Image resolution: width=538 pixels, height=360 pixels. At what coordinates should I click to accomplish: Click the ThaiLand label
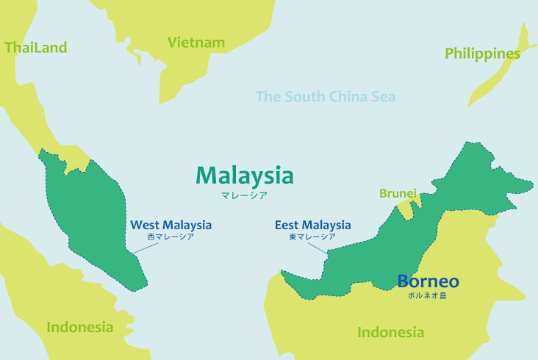click(x=35, y=48)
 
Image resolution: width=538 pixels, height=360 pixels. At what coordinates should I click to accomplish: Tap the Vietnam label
click(x=196, y=43)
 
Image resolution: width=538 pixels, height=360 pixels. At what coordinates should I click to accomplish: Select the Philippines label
click(x=482, y=54)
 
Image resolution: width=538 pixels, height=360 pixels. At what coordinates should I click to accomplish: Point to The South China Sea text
click(x=325, y=96)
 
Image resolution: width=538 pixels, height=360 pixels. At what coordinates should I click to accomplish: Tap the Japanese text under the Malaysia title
click(x=244, y=195)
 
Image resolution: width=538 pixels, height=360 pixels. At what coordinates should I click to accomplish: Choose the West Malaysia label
click(x=171, y=225)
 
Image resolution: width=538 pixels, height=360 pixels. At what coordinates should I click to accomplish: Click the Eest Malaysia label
click(x=312, y=225)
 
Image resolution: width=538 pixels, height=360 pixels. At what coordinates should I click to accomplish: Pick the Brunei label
click(x=398, y=193)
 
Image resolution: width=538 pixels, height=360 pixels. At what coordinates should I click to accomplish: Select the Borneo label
click(x=428, y=281)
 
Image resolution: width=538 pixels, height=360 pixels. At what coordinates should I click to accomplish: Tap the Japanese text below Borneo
click(x=428, y=295)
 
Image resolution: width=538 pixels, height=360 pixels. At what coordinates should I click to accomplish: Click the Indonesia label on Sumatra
click(x=80, y=327)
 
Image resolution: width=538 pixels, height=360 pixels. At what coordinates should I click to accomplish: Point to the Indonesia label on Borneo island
click(x=390, y=332)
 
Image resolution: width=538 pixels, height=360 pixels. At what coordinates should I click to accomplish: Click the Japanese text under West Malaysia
click(x=171, y=237)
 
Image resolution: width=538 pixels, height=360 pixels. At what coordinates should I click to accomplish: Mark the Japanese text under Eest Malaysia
click(x=312, y=237)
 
